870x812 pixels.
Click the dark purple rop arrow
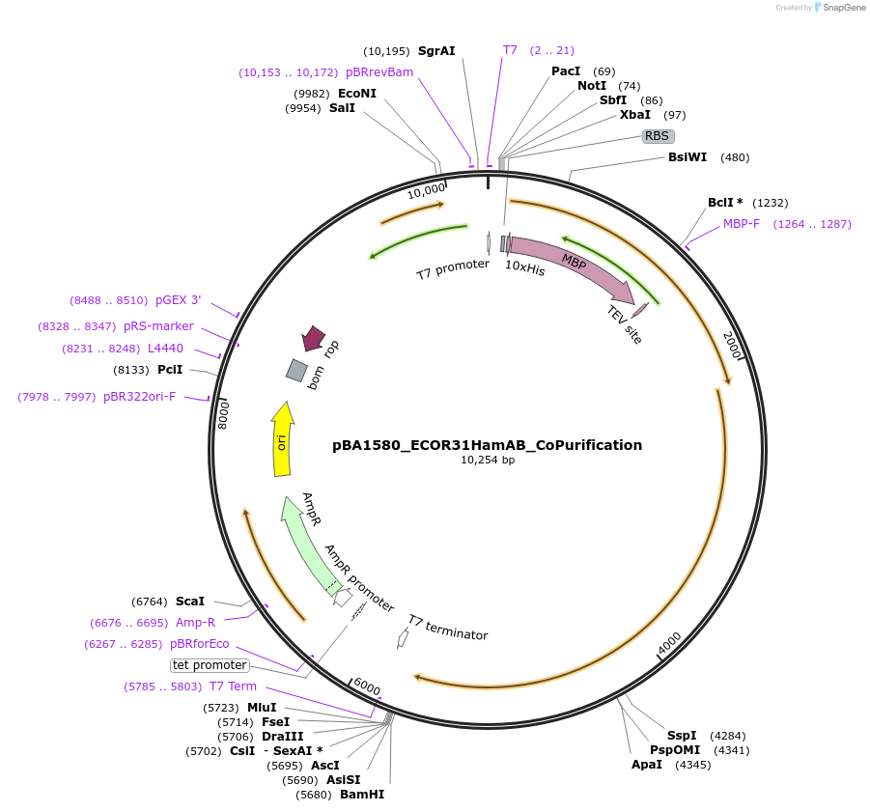click(313, 338)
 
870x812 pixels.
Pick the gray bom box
click(296, 370)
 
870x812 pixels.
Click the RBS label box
click(658, 136)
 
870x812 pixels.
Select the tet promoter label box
click(210, 665)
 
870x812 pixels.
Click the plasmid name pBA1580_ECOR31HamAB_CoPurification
click(487, 445)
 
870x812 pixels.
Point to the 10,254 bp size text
click(488, 461)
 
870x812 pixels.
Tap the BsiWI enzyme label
click(688, 157)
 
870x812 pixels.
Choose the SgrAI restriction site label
click(436, 50)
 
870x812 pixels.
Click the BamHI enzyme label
click(362, 795)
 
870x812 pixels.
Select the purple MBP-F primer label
click(742, 224)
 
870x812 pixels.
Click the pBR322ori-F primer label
click(140, 397)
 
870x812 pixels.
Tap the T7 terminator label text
click(447, 628)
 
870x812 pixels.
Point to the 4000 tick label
click(669, 641)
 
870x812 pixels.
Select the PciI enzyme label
click(170, 370)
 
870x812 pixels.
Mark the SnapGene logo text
click(842, 8)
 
